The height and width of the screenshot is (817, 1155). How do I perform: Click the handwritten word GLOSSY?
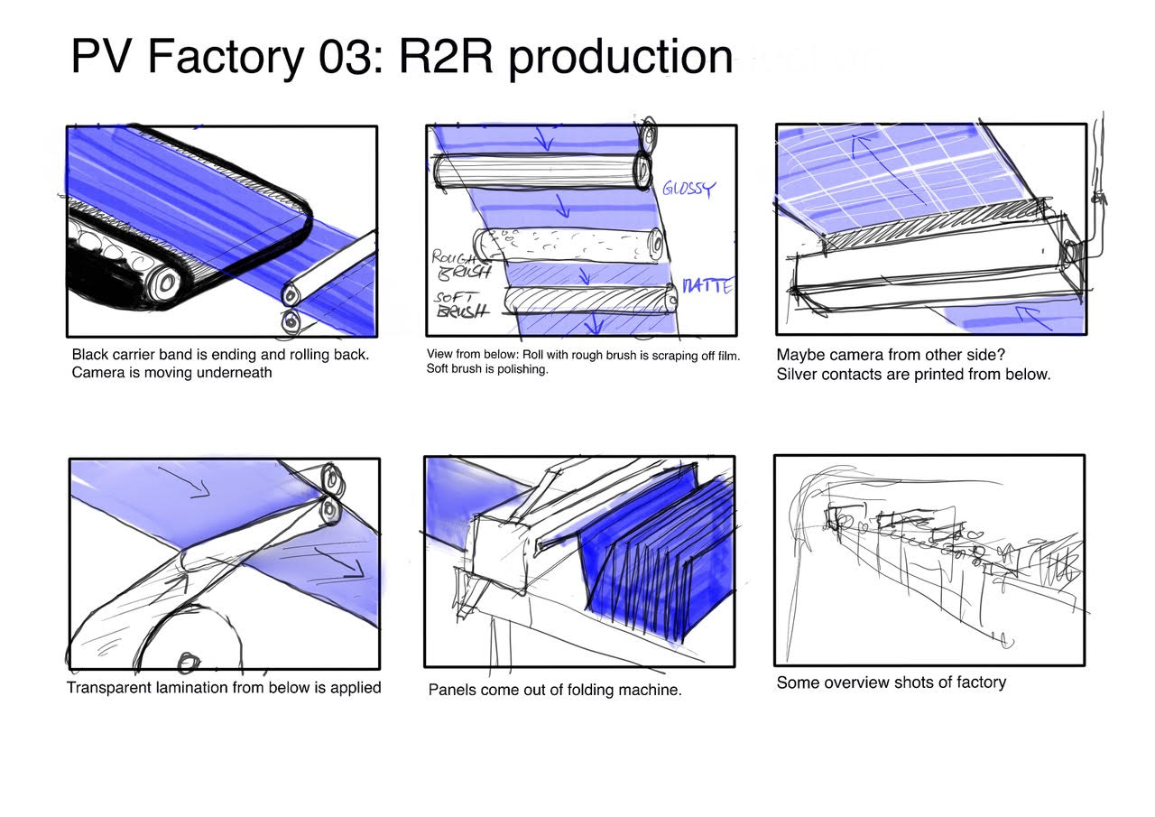pyautogui.click(x=688, y=189)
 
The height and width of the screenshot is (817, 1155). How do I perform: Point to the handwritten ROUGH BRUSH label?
pyautogui.click(x=460, y=265)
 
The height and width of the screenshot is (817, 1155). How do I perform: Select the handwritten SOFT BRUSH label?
pyautogui.click(x=460, y=304)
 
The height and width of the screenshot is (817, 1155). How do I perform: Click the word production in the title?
pyautogui.click(x=620, y=59)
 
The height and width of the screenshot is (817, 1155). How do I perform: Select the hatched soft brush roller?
pyautogui.click(x=590, y=300)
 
